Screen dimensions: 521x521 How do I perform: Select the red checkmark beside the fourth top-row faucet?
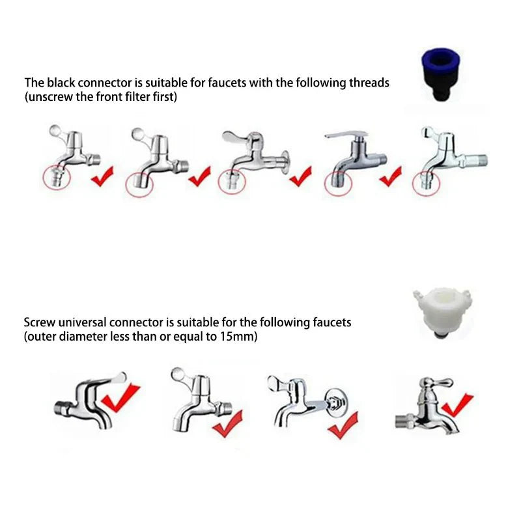(x=390, y=176)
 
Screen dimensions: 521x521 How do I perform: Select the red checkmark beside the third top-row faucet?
(x=300, y=176)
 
